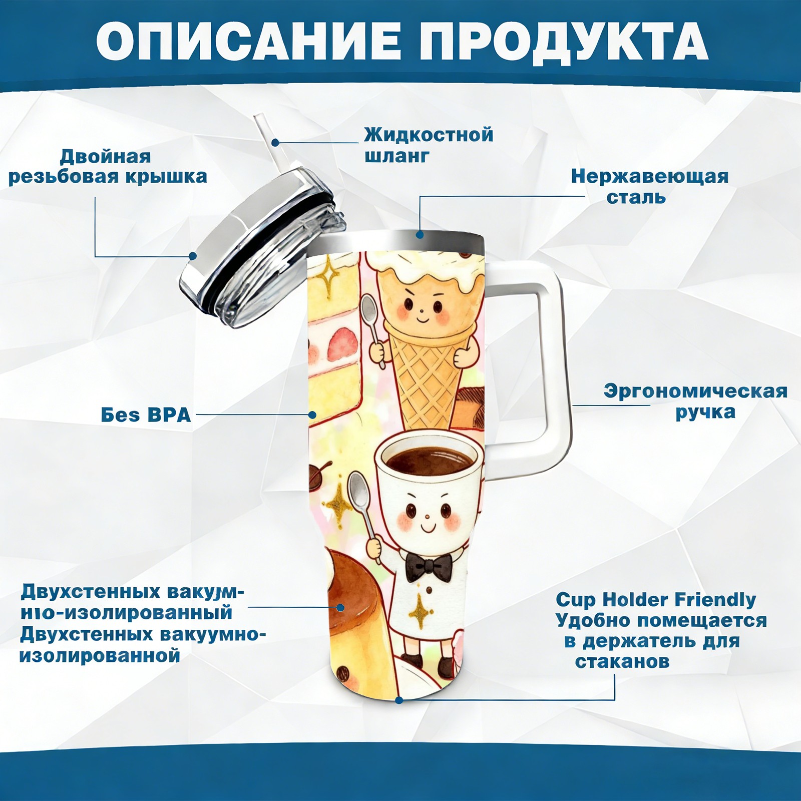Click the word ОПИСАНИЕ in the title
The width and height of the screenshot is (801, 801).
coord(248,41)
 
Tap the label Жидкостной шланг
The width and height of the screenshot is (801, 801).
coord(429,145)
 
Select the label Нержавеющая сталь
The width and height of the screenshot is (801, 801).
coord(649,186)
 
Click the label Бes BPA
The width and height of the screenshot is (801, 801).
coord(146,415)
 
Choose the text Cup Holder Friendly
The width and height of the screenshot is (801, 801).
coord(656,599)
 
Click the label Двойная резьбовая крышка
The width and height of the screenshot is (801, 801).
coord(108,166)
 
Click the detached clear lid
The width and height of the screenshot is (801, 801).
coord(263,245)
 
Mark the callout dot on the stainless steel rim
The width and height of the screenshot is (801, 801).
coord(420,234)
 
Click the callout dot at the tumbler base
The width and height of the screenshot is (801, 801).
coord(398,700)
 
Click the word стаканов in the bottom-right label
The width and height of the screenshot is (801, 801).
coord(622,662)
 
